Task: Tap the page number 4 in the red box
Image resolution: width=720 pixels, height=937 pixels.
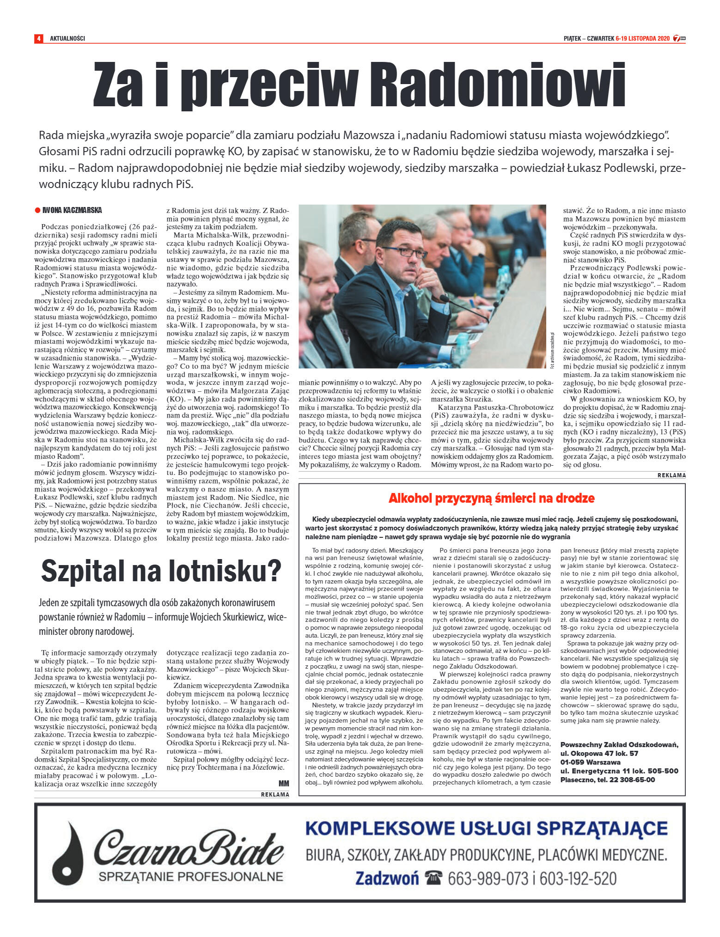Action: coord(38,38)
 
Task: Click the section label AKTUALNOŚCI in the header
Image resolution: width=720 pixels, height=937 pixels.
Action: coord(67,38)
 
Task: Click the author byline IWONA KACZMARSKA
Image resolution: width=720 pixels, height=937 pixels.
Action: coord(72,211)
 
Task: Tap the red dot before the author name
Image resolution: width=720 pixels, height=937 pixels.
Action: coord(37,211)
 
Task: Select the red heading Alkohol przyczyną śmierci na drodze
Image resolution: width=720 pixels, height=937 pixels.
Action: coord(491,498)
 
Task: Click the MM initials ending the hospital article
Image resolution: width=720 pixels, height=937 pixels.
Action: coord(284,783)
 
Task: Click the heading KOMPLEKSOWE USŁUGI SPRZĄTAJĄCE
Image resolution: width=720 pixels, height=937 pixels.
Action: coord(486,828)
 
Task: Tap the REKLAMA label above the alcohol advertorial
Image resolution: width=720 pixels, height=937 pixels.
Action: coord(671,475)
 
